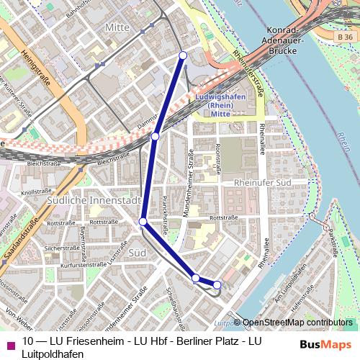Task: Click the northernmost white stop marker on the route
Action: pyautogui.click(x=183, y=55)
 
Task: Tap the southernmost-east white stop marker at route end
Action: pyautogui.click(x=218, y=285)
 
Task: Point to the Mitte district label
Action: pyautogui.click(x=118, y=27)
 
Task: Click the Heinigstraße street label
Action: pyautogui.click(x=35, y=68)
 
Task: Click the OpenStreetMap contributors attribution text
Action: pyautogui.click(x=297, y=323)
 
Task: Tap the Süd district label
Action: pyautogui.click(x=137, y=253)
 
